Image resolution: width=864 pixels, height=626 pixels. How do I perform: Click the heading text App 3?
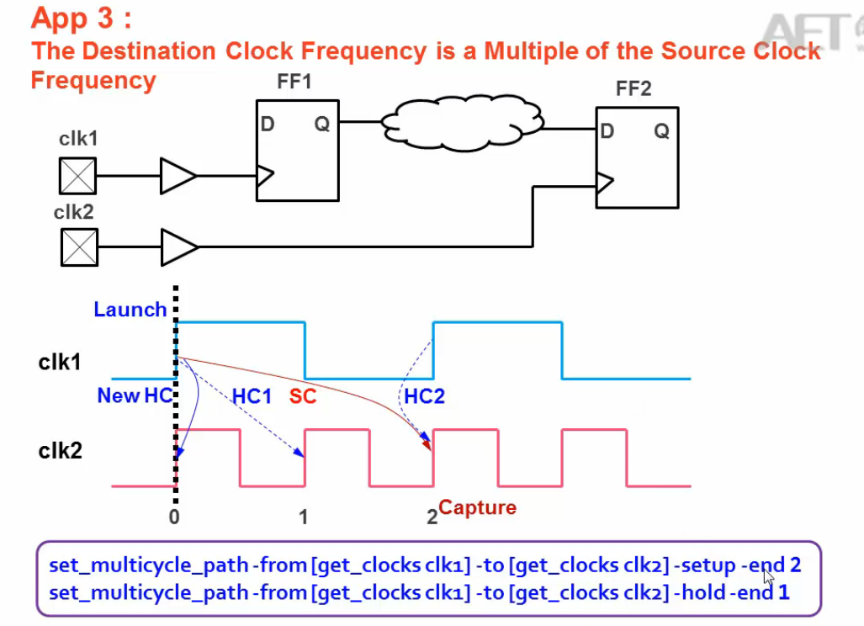(81, 18)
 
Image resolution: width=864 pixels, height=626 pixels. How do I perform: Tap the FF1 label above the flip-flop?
(294, 82)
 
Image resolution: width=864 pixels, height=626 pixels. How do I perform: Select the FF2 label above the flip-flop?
(633, 88)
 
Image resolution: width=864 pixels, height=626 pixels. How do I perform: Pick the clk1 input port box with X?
(77, 176)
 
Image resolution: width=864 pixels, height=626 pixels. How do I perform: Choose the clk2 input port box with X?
(78, 247)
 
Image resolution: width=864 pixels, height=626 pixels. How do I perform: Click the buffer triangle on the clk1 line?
(178, 176)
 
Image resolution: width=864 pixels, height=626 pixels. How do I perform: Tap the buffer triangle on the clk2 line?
(178, 247)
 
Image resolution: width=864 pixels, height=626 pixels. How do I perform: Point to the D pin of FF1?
(268, 125)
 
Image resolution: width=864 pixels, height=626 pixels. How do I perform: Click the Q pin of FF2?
(662, 131)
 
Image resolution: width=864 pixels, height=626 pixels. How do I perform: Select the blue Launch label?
(130, 310)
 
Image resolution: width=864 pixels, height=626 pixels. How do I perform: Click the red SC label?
(303, 395)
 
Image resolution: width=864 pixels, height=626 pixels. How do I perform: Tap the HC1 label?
(252, 395)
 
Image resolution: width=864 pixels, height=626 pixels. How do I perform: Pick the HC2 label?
(424, 395)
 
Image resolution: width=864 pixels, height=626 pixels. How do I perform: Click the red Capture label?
(477, 507)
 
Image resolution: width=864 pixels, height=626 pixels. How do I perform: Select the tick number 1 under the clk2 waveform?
(304, 517)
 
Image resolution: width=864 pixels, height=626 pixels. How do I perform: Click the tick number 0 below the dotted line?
(174, 517)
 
